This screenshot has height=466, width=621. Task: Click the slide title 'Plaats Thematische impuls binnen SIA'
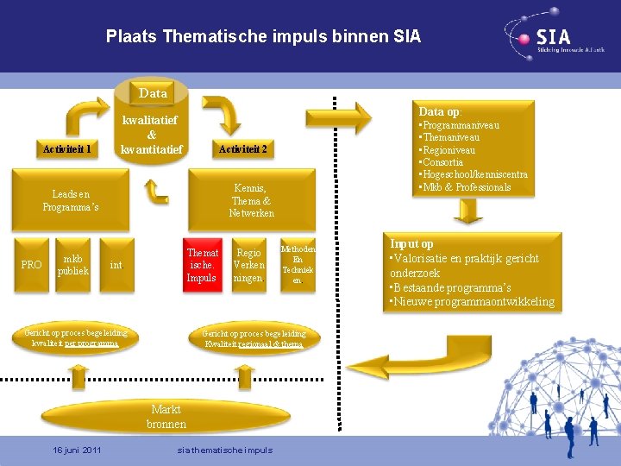[x=263, y=36]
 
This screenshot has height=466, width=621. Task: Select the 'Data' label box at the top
[x=153, y=92]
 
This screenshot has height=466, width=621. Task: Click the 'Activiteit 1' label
[x=68, y=149]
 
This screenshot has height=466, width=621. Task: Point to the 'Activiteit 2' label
[x=242, y=149]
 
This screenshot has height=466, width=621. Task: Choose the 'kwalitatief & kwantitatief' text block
[x=152, y=135]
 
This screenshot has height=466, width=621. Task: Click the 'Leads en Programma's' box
[x=71, y=201]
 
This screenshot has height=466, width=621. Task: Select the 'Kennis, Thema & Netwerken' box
[x=252, y=201]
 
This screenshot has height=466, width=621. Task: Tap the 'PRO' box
[x=31, y=265]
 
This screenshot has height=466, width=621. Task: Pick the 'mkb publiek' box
[x=73, y=265]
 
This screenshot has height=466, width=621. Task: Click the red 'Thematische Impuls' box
[x=202, y=265]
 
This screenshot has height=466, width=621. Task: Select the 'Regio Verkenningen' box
[x=249, y=266]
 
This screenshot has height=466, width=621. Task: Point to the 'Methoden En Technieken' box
[x=298, y=265]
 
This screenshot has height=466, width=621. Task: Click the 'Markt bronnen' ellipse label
[x=166, y=417]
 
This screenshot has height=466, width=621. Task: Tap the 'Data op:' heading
[x=440, y=111]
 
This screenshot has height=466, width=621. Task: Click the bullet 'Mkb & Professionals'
[x=467, y=187]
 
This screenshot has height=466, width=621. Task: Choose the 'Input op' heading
[x=412, y=244]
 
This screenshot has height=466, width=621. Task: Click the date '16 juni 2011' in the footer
[x=77, y=450]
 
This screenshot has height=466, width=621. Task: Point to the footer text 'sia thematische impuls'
[x=224, y=450]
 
